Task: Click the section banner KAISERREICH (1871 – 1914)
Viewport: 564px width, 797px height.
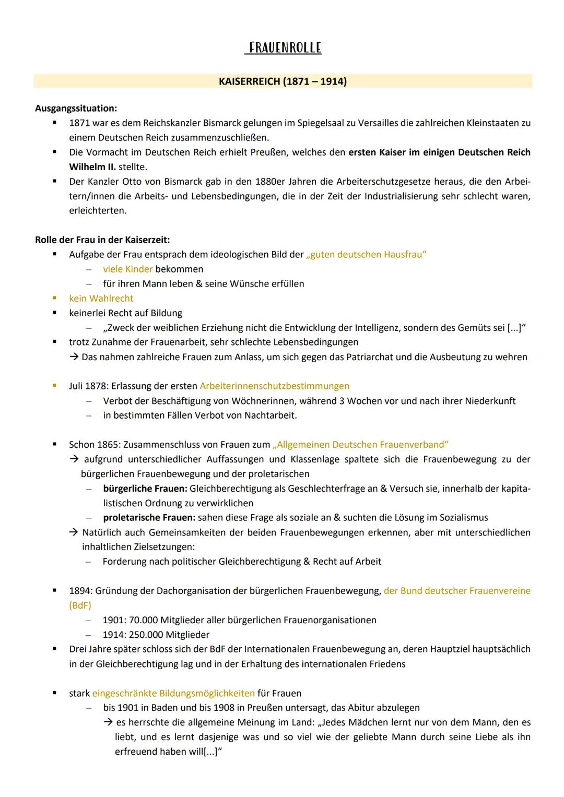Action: pyautogui.click(x=283, y=81)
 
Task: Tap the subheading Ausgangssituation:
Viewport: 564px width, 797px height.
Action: pyautogui.click(x=76, y=109)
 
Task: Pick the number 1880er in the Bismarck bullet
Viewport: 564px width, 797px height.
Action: pyautogui.click(x=272, y=182)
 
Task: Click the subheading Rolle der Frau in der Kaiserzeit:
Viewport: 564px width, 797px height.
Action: pyautogui.click(x=102, y=240)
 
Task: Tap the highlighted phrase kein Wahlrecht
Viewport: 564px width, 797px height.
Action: pyautogui.click(x=101, y=299)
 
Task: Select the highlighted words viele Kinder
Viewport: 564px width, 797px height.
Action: pyautogui.click(x=128, y=269)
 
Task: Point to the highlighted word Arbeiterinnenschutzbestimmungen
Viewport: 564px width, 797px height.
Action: pyautogui.click(x=275, y=386)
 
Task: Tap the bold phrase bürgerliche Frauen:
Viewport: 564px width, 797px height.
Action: pyautogui.click(x=145, y=489)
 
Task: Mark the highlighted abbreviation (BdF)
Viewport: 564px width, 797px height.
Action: pyautogui.click(x=80, y=605)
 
